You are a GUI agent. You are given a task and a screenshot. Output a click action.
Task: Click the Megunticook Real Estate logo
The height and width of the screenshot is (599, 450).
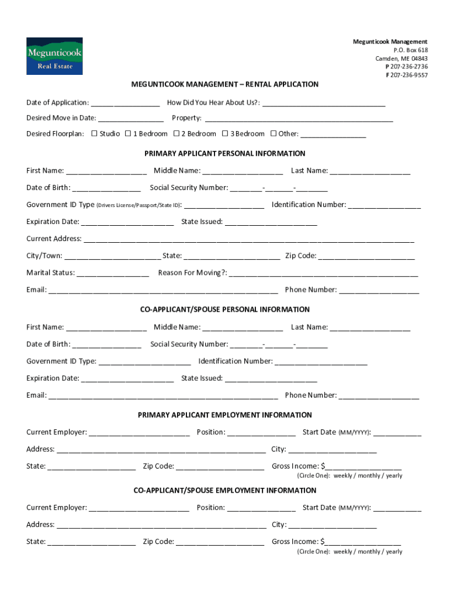point(54,56)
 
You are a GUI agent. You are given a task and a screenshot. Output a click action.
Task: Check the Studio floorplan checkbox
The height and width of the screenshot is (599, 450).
point(95,133)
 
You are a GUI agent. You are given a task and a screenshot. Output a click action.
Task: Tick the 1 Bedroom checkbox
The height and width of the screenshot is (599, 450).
point(128,133)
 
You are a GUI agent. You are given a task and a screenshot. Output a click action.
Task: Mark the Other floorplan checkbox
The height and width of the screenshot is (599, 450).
point(274,133)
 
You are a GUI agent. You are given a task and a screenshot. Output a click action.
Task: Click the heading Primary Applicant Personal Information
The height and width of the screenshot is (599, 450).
point(225,153)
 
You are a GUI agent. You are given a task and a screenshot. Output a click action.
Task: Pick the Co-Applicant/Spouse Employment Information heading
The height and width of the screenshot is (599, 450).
point(225,490)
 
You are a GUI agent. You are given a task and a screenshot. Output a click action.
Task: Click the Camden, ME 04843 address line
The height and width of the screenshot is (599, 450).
point(401,58)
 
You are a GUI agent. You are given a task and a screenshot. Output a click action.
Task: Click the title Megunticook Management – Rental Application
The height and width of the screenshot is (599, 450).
point(225,84)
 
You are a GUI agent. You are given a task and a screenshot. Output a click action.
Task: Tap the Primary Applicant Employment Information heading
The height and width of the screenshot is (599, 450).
point(225,415)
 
